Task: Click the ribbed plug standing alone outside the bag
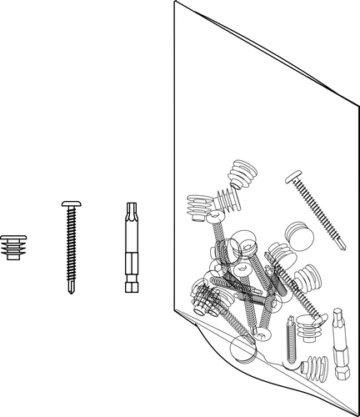12,247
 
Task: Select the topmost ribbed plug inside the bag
240,175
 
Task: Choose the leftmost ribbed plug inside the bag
197,207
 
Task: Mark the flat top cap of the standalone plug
12,237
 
